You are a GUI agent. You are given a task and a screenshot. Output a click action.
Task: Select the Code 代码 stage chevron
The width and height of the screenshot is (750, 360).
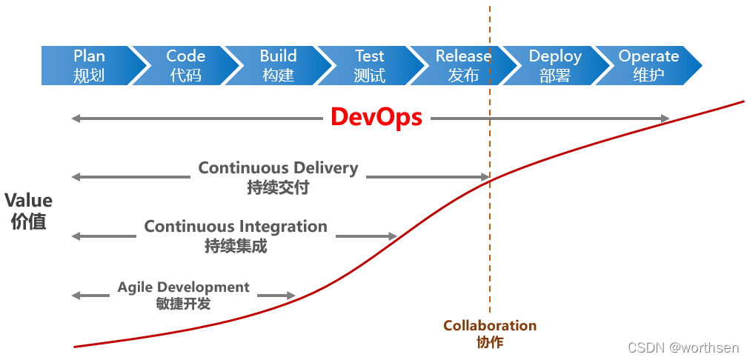(185, 65)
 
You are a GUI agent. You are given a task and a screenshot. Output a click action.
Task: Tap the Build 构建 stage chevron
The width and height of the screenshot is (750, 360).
(278, 65)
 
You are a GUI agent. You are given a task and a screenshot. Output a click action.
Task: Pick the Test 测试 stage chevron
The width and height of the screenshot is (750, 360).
(370, 65)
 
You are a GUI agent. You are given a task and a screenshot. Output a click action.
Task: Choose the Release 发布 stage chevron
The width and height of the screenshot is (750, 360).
(463, 65)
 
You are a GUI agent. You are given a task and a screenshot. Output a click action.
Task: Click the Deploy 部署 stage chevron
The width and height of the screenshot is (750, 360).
(555, 65)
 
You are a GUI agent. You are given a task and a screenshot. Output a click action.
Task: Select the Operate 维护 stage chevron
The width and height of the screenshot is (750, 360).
(648, 65)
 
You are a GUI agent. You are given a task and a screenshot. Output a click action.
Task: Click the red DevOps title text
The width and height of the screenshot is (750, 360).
(376, 117)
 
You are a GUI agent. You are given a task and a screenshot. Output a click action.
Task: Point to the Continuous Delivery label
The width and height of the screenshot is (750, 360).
(278, 168)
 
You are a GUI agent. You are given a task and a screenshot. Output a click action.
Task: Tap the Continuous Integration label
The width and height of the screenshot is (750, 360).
(236, 227)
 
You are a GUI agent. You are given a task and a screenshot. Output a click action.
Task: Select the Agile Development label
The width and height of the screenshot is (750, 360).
(184, 287)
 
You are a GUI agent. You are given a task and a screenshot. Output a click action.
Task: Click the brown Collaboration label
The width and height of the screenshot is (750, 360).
(490, 326)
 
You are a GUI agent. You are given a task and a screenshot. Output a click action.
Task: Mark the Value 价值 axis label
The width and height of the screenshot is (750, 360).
(29, 211)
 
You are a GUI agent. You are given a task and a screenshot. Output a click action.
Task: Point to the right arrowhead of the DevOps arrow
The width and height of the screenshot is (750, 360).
(665, 118)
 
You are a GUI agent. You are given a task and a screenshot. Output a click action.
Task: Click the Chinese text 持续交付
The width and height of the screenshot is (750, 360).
(278, 187)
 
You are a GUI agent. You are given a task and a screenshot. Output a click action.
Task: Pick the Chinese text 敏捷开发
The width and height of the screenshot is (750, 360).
(184, 304)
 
